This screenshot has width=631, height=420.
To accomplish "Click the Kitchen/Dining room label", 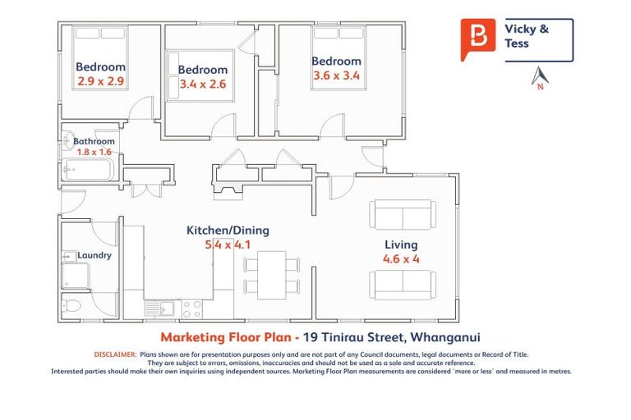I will pyautogui.click(x=228, y=231).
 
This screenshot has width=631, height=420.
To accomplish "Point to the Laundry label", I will pyautogui.click(x=94, y=255).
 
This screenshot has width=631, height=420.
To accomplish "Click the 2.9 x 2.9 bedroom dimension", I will pyautogui.click(x=100, y=81).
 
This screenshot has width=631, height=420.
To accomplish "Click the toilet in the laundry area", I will pyautogui.click(x=72, y=307).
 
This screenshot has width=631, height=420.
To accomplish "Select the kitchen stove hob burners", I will pyautogui.click(x=191, y=308).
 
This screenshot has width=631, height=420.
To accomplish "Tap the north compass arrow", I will pyautogui.click(x=540, y=76).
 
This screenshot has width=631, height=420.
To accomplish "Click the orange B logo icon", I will pyautogui.click(x=477, y=39).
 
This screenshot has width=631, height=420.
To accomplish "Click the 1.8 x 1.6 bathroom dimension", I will pyautogui.click(x=93, y=152).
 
